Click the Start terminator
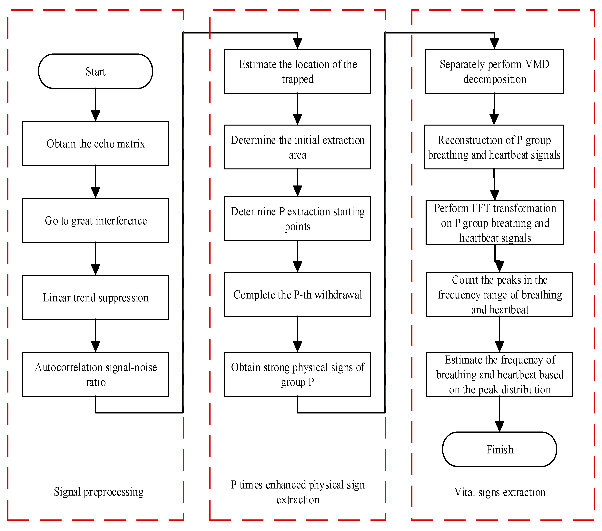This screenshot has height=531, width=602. point(95,71)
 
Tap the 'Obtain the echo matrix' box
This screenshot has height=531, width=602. point(95,143)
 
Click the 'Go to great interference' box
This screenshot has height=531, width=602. point(95,220)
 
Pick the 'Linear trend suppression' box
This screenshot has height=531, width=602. point(95,297)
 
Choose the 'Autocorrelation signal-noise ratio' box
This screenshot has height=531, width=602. point(95,374)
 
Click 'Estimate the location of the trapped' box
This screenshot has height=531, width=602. point(297,71)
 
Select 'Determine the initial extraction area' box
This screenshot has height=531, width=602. point(297,147)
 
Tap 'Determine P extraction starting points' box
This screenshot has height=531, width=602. point(297,218)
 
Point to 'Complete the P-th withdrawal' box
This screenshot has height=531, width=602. point(297,294)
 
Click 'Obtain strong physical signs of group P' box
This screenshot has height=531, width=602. point(297,374)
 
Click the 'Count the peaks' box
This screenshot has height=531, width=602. point(499,294)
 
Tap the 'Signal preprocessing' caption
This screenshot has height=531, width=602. point(99,492)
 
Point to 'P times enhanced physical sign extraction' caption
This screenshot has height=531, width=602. point(298,492)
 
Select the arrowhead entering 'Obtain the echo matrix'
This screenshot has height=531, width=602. point(95,116)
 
